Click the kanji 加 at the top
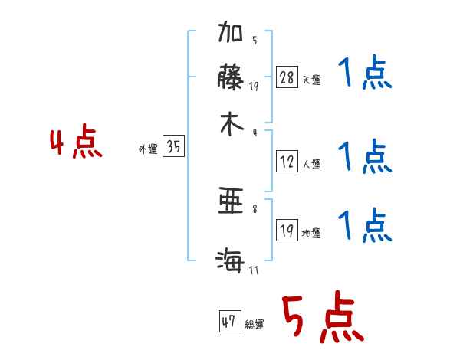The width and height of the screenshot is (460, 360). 231,35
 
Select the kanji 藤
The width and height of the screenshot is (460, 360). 231,78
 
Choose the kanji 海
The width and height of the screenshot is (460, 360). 231,261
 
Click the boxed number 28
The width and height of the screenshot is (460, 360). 287,77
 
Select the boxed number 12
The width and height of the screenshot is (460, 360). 287,162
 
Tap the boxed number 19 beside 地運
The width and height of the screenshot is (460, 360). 287,231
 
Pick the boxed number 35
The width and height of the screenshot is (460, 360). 174,147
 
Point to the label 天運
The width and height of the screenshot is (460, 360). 311,80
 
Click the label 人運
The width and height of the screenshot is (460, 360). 311,164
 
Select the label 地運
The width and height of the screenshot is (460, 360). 311,233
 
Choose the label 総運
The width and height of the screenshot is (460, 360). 255,325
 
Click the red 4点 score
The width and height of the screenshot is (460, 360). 76,142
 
